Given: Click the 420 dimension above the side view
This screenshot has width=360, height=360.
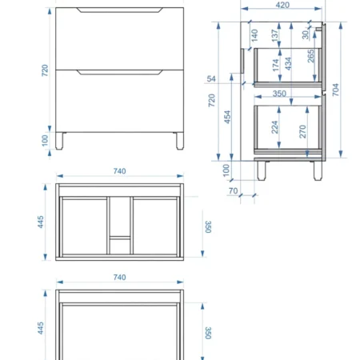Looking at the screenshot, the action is click(282, 5).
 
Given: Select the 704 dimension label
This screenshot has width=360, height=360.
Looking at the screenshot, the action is click(335, 90).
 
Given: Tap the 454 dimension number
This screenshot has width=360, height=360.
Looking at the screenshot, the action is click(227, 117).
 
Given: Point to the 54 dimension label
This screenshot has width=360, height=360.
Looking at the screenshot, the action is click(211, 79).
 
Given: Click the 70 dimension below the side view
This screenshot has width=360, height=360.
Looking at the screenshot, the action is click(233, 191).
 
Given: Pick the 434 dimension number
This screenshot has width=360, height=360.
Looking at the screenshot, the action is click(288, 64).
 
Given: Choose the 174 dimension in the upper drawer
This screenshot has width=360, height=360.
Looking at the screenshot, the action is click(276, 66).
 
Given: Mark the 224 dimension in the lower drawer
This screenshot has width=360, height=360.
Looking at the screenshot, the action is click(274, 127).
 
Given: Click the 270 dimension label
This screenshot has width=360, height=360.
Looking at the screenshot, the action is click(302, 131).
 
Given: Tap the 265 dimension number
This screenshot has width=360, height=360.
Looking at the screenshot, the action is click(311, 56).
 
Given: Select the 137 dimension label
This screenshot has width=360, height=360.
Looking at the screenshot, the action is click(274, 35).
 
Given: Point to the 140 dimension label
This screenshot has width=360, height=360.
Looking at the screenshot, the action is click(254, 35).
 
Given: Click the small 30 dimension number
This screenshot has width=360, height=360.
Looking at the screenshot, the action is click(306, 34).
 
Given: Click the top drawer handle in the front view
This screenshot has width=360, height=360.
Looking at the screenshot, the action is click(119, 10).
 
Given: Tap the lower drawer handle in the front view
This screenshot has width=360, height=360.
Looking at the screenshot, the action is click(119, 72).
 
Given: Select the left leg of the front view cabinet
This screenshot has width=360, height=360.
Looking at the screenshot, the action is click(59, 141).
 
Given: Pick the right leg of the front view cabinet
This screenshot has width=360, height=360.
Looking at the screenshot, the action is click(180, 141).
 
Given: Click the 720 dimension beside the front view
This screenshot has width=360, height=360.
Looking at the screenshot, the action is click(45, 70).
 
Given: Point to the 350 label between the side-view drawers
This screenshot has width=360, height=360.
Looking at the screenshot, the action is click(279, 94).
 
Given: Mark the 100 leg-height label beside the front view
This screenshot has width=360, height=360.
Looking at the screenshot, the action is click(45, 141).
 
